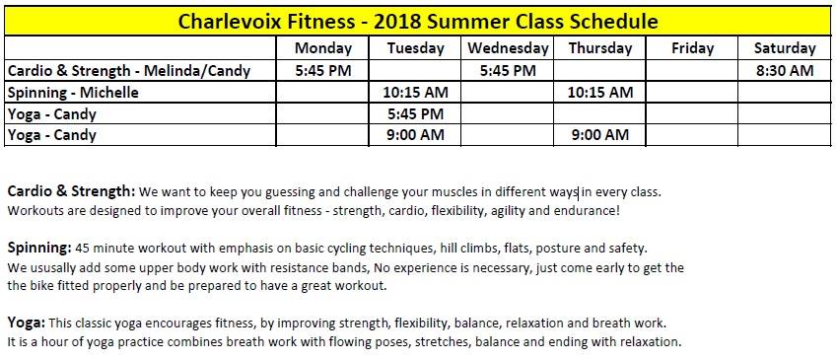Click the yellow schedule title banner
click(418, 22)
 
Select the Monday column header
click(323, 48)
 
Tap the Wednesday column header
click(508, 48)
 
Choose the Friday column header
click(692, 48)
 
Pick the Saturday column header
click(785, 48)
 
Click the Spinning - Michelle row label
click(73, 93)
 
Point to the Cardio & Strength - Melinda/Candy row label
click(128, 70)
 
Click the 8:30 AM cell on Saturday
click(785, 70)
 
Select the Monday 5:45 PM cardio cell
click(323, 70)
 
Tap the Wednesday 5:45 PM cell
click(508, 70)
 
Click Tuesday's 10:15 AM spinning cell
click(415, 93)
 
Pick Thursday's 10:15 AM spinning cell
click(600, 93)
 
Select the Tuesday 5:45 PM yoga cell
click(415, 113)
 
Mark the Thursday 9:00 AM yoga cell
click(600, 134)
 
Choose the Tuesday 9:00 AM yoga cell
click(415, 134)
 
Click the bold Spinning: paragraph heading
click(39, 249)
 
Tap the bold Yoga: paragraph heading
click(27, 324)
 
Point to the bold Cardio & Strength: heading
click(72, 191)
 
